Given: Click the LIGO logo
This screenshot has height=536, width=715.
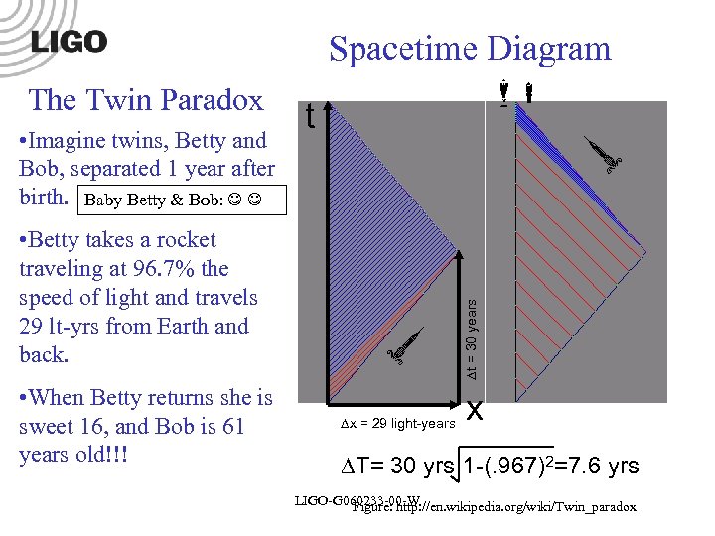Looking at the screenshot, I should [x=69, y=41].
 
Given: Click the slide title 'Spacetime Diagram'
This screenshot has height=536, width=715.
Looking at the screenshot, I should [x=470, y=48].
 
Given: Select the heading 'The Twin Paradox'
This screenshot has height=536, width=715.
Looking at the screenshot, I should [x=146, y=100].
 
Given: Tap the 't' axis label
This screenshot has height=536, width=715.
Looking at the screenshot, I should [x=311, y=118].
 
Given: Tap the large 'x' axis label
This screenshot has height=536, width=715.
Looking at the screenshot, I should [x=475, y=409].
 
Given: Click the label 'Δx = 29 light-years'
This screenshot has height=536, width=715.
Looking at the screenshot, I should [x=397, y=424].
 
